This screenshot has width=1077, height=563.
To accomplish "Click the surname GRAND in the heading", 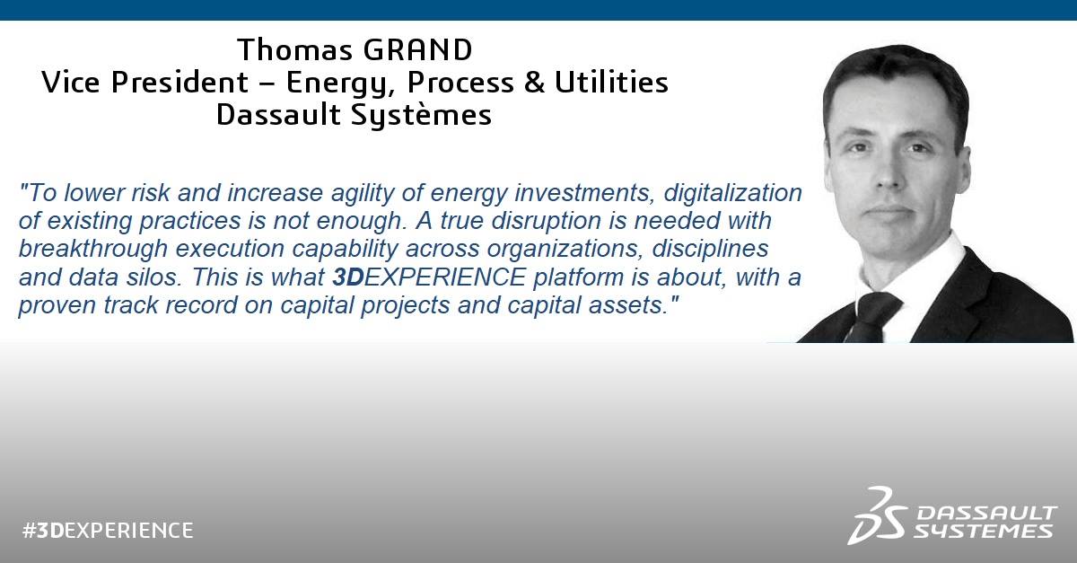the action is (x=417, y=49).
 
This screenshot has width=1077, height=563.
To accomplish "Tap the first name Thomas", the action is (x=294, y=49).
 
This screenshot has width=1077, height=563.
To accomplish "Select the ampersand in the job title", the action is (x=534, y=82).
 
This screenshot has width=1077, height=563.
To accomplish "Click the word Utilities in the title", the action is (x=611, y=82).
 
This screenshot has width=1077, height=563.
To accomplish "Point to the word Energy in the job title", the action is (x=337, y=84).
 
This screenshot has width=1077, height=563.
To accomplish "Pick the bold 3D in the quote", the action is (x=348, y=277).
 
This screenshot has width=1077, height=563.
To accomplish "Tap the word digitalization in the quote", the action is (x=732, y=193).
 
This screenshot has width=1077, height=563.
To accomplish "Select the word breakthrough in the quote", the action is (x=93, y=250).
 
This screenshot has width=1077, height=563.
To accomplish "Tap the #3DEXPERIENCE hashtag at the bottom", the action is (x=108, y=531).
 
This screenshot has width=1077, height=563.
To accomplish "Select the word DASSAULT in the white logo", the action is (x=987, y=514).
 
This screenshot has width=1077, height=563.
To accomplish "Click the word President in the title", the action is (x=179, y=82).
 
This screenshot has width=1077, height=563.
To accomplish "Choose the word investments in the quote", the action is (x=584, y=193).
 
